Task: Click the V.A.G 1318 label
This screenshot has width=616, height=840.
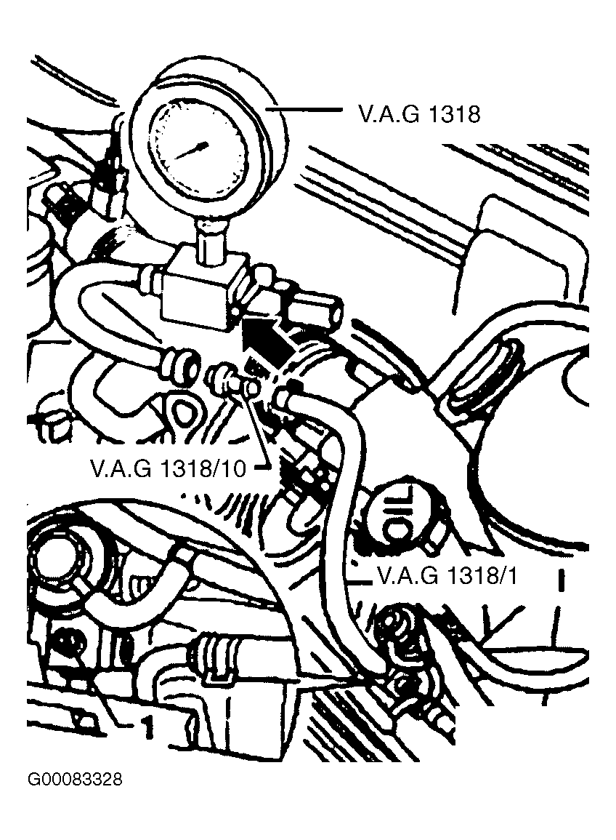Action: click(x=418, y=114)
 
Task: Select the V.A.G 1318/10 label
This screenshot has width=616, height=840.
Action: click(x=169, y=469)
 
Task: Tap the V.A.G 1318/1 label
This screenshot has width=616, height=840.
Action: click(x=447, y=576)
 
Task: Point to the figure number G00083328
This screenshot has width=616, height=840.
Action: click(x=75, y=778)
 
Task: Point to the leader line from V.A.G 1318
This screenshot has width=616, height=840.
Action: click(x=303, y=110)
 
